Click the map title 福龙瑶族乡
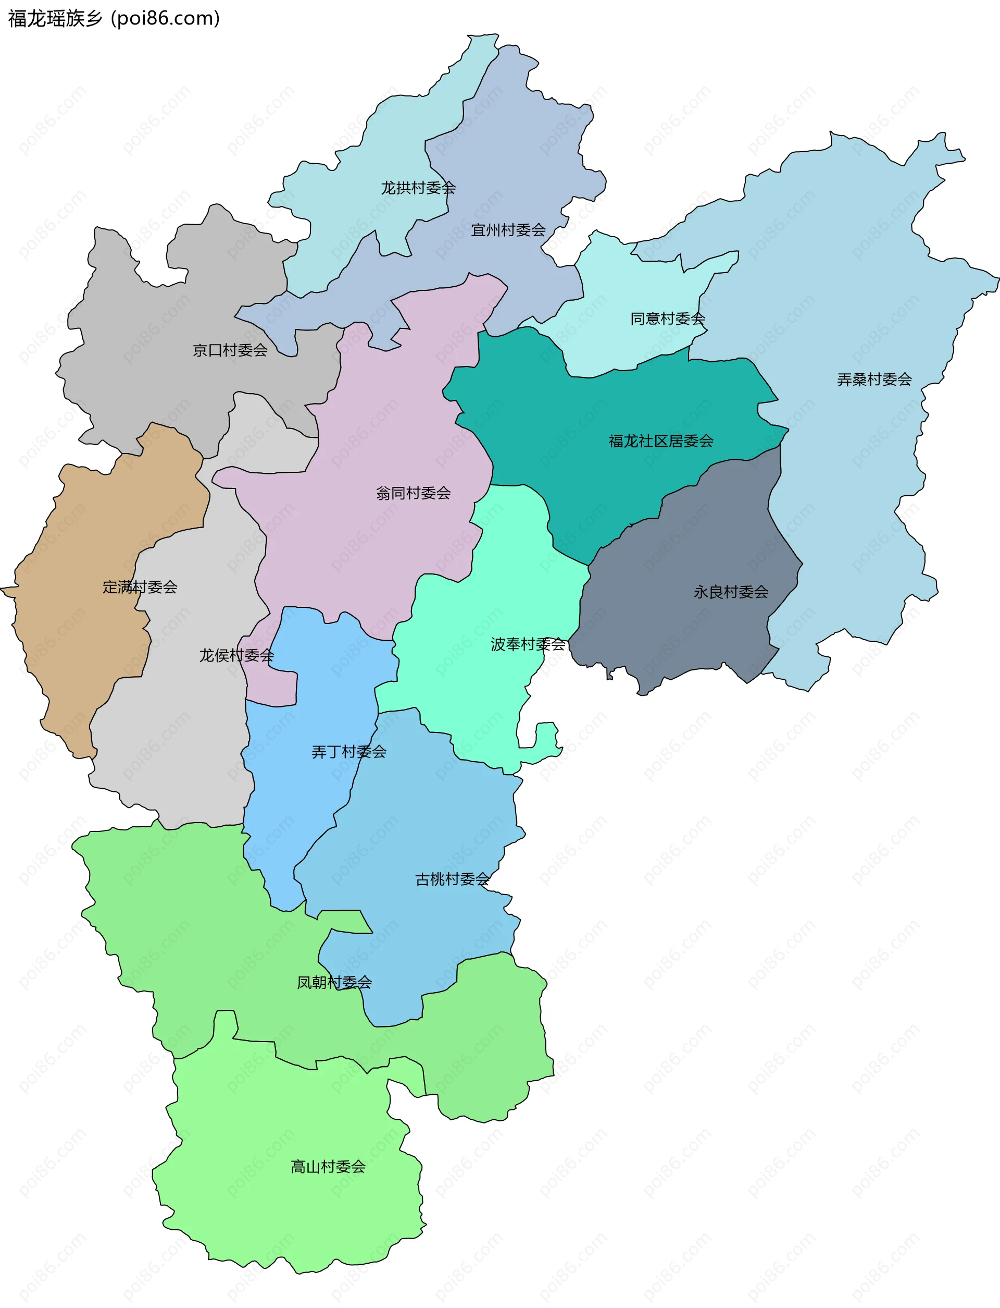[x=55, y=18]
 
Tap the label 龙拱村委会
[x=418, y=188]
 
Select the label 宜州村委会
[x=508, y=230]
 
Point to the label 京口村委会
[x=230, y=350]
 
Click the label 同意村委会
[x=667, y=319]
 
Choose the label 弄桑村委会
[x=874, y=380]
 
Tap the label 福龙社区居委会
[x=661, y=441]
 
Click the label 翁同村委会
[x=413, y=493]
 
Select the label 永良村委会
[x=730, y=592]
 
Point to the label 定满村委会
[x=140, y=588]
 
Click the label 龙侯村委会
[x=236, y=656]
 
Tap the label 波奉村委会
[x=528, y=644]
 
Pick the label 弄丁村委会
[x=349, y=752]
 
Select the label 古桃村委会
[x=452, y=880]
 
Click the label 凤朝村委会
[x=334, y=983]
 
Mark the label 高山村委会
[x=328, y=1167]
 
